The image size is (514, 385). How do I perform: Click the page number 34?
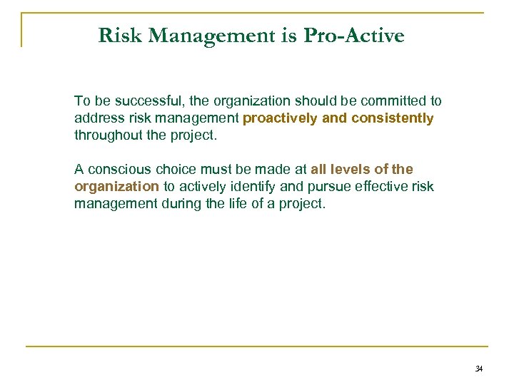[478, 369]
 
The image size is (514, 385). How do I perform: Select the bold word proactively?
[281, 118]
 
